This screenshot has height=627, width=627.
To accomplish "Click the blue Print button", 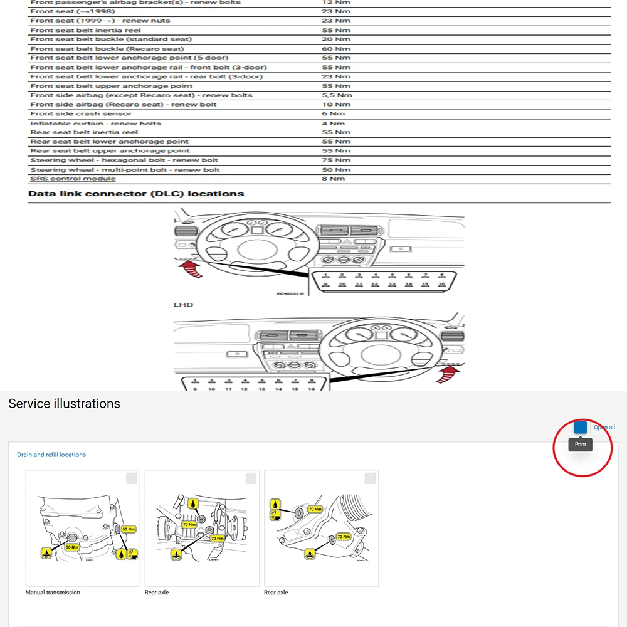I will point(581,428).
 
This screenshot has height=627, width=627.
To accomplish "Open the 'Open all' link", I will point(604,428).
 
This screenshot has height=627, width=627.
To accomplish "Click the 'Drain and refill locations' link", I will point(51,455).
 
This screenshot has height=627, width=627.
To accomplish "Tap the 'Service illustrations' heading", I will point(64,404).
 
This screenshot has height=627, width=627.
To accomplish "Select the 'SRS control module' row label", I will point(73,179).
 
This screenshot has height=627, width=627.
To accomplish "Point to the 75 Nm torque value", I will point(335,160).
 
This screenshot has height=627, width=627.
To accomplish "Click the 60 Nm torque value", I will point(335,49).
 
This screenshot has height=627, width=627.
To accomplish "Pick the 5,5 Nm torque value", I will point(337,95).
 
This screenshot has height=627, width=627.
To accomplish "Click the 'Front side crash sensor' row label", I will point(81,114).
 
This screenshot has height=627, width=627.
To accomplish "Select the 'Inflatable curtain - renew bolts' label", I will point(95,124).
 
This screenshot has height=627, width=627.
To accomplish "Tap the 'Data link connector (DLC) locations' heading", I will point(136,194).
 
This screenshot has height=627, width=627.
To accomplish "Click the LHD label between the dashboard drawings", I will point(183,305).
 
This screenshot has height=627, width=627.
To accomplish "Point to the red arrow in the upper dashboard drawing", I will point(193,270).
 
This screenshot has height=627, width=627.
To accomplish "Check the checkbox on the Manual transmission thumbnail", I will point(132,478).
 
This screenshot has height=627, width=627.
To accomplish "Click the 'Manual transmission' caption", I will point(53,593).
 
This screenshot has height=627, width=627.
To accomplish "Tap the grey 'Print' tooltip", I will point(580,445).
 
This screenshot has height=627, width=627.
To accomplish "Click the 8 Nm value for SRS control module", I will point(333,179).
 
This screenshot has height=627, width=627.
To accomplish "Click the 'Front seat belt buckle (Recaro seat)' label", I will point(107,49).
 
